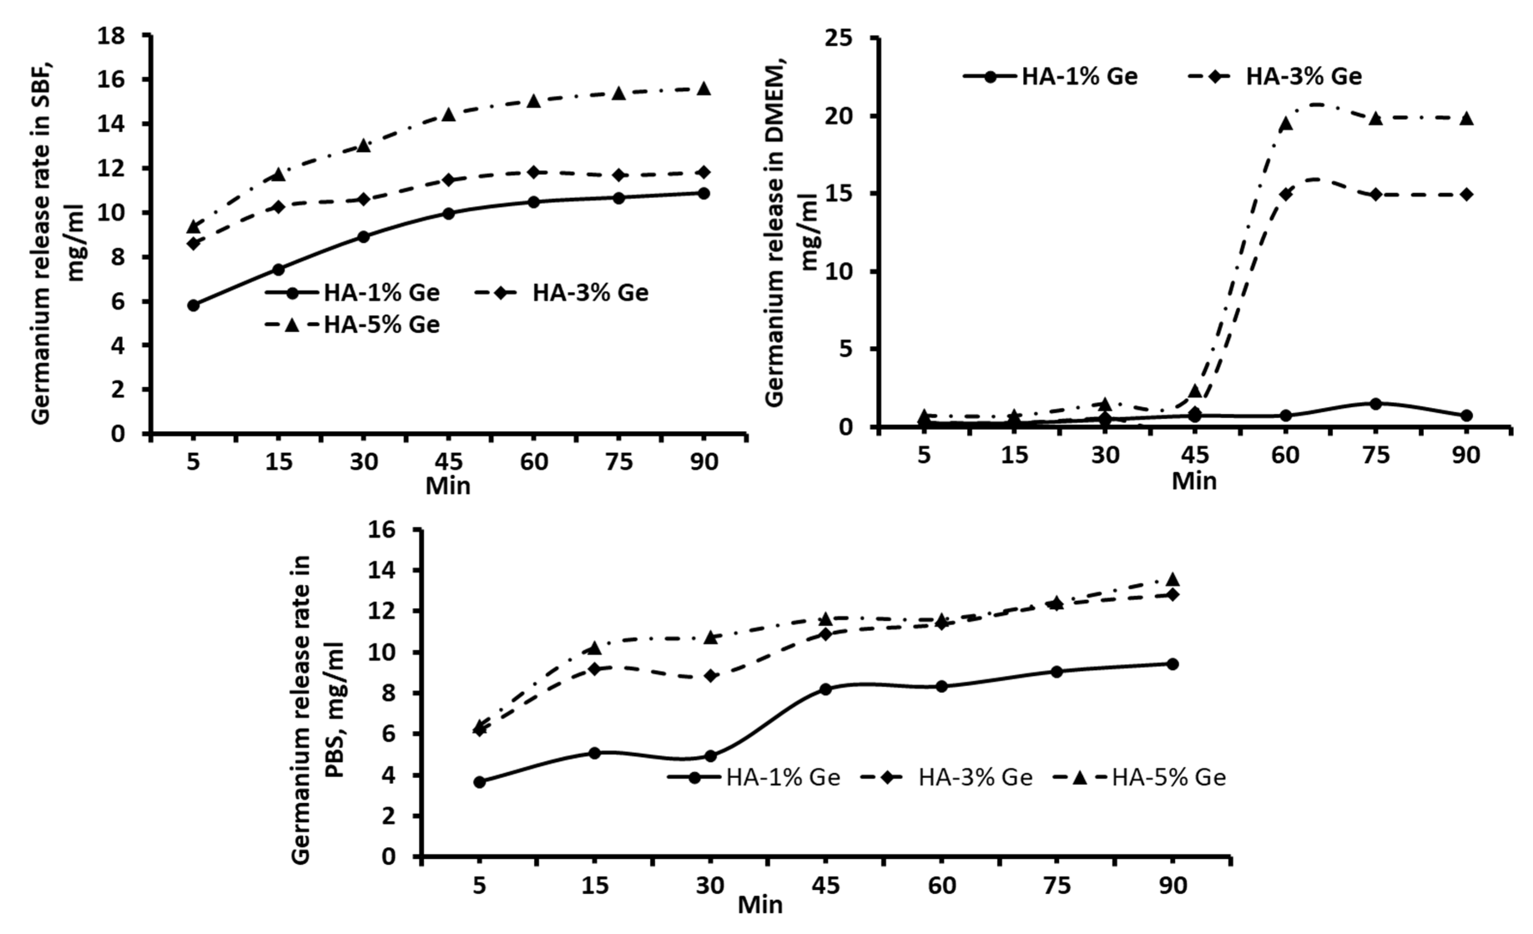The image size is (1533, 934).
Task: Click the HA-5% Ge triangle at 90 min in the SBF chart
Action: coord(704,88)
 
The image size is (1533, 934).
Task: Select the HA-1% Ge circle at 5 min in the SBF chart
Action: coord(194,305)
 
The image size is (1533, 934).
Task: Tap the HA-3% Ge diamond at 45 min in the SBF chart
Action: coord(448,180)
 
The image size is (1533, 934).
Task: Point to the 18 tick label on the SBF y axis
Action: coord(112,36)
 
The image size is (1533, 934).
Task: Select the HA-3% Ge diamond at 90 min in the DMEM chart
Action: coord(1466,194)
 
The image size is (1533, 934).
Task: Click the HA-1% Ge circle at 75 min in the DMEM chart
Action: coord(1376,404)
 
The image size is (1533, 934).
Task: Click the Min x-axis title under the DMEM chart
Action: coord(1194,481)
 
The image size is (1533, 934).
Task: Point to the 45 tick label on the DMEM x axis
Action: coord(1195,456)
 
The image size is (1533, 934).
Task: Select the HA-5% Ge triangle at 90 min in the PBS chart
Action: coord(1173,580)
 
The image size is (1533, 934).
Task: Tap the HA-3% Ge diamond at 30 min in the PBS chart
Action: coord(710,676)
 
